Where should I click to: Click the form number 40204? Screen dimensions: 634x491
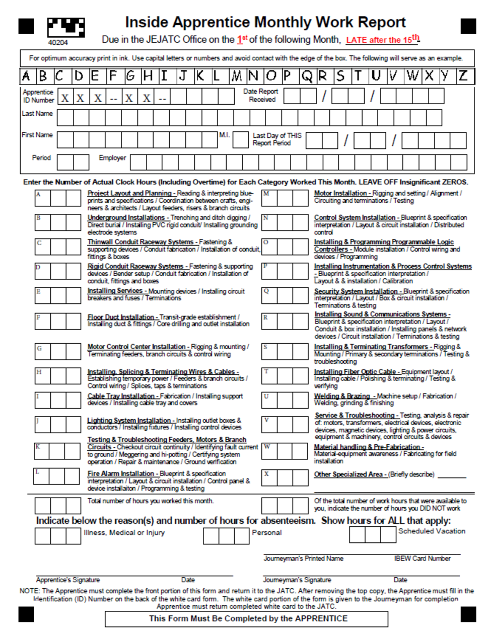[58, 43]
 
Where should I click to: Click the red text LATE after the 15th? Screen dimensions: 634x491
[382, 39]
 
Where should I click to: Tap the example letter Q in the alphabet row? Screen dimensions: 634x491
[306, 76]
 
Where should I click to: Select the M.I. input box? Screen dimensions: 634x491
[240, 140]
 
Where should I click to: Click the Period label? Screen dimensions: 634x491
[41, 157]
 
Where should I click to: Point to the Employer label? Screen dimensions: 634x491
[112, 157]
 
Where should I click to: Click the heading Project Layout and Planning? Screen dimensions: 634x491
[129, 193]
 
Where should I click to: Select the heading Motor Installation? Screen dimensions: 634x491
[340, 193]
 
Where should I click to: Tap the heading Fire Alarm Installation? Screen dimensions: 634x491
[120, 473]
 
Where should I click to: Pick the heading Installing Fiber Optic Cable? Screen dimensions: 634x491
[355, 371]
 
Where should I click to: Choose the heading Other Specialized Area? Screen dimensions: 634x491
[348, 474]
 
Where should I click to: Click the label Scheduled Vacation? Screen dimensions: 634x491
[432, 531]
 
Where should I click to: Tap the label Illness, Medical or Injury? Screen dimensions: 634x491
[124, 532]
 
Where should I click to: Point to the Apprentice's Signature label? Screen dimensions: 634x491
[68, 580]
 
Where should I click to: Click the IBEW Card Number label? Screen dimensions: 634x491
[422, 559]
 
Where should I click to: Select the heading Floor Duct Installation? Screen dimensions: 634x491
[120, 317]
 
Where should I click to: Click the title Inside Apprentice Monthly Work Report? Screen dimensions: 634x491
[265, 22]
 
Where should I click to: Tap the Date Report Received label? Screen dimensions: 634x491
[261, 96]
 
